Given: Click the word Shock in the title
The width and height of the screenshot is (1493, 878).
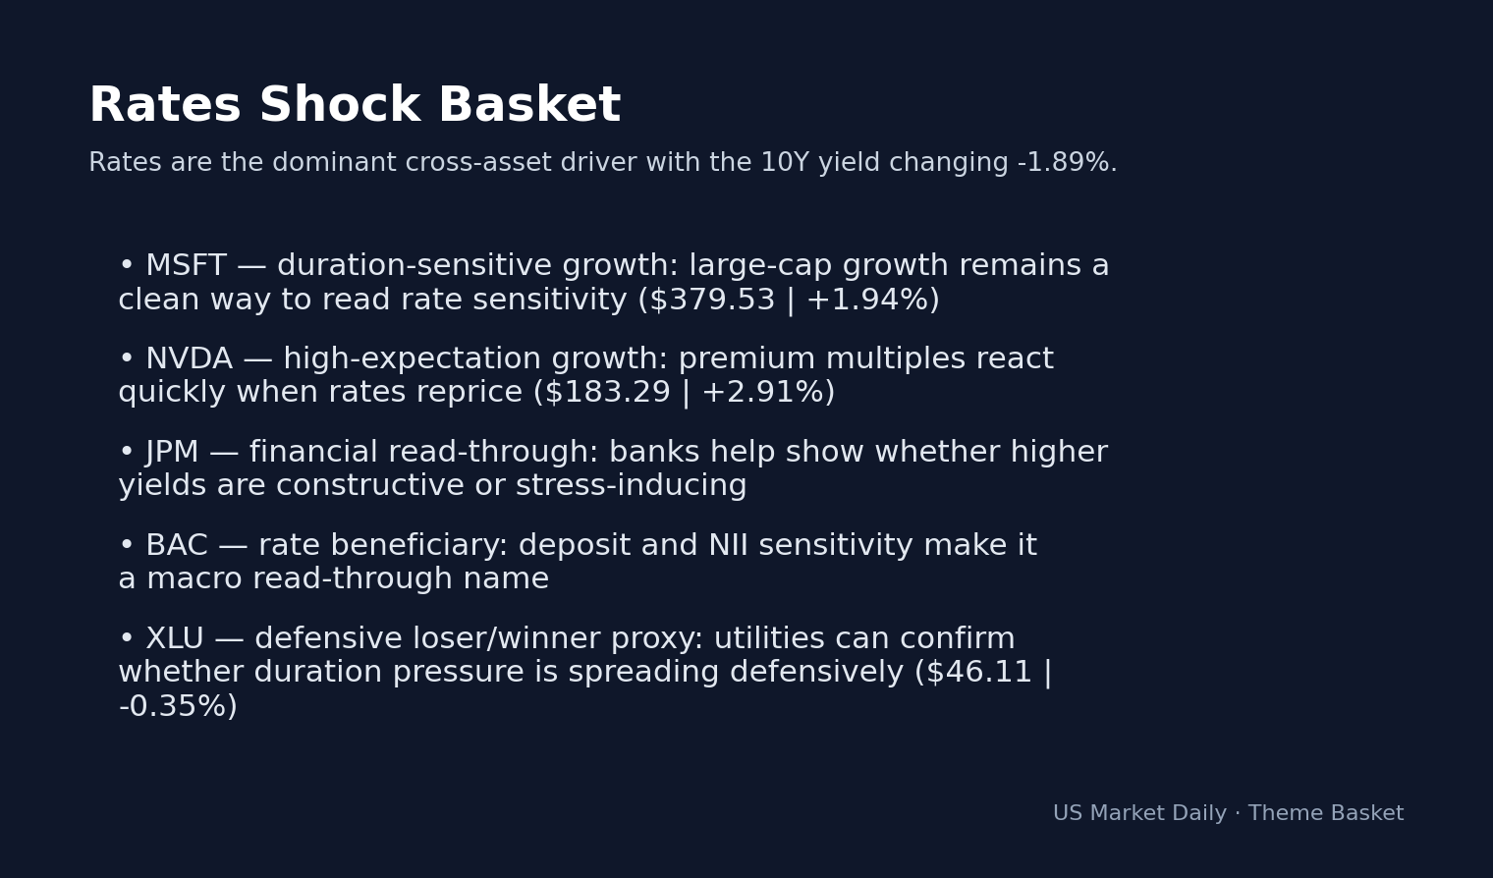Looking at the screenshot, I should coord(339,106).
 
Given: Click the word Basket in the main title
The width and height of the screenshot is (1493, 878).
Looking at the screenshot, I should coord(529,106).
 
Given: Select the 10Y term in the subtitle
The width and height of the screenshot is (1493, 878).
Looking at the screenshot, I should coord(786,163).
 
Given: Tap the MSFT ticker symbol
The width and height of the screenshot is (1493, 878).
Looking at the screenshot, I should coord(186,266).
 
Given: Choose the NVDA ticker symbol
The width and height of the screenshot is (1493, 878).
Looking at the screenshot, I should coord(189,359).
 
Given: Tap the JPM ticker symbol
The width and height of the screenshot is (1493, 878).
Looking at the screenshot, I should coord(172,453).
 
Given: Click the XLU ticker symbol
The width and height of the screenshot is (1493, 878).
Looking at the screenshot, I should coord(175,639).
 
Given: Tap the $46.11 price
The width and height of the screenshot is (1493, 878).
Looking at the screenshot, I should coord(978,673).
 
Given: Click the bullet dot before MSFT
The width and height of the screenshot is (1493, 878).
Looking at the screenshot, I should coord(126,266).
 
